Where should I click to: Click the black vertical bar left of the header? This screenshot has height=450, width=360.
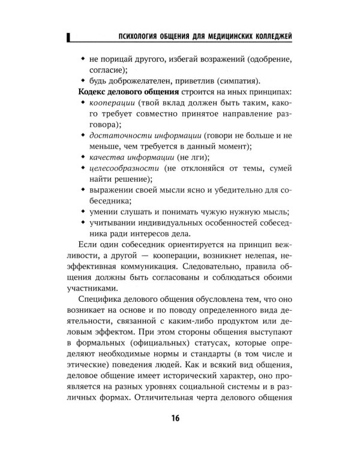tap(70, 38)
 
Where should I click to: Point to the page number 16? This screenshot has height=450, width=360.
tap(179, 418)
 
